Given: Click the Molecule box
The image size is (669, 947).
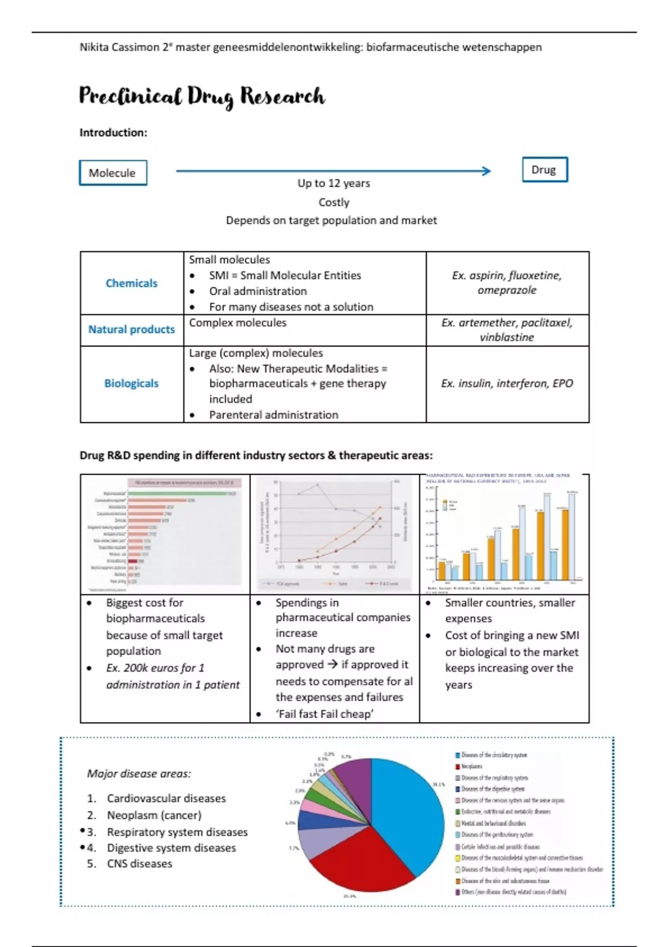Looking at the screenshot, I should pos(113,173).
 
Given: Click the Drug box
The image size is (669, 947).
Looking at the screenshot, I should pos(544,170).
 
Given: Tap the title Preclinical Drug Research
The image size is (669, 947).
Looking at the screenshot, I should pos(202,96).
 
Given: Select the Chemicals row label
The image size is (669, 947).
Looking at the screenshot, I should pos(132,283).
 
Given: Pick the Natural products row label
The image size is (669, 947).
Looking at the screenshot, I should pos(132,329).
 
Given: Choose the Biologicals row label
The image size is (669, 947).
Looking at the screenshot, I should pos(132,383).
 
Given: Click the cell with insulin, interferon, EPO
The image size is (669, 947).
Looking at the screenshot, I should pos(507,383).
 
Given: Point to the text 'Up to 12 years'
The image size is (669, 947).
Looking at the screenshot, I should pos(333,183).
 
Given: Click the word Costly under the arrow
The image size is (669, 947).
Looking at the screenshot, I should pos(334,202).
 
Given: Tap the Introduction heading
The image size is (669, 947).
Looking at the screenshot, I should pos(113,133).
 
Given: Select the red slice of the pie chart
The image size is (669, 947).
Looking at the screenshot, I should pos(357,861).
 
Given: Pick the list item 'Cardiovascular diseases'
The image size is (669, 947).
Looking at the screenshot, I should pos(166,798).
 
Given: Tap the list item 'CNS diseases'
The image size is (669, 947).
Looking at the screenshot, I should pos(139,863).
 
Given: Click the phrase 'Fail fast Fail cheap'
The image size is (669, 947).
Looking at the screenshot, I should pos(324,714).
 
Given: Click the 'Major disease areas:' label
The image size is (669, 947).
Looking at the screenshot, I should pos(139,773).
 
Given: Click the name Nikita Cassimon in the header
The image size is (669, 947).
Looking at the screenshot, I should pos(119,47).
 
